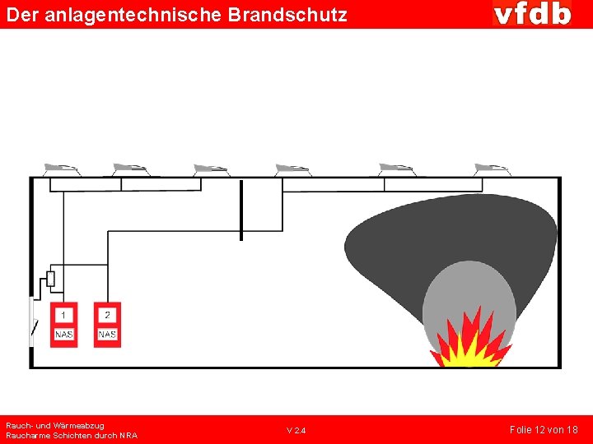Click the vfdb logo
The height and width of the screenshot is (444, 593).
click(x=532, y=14)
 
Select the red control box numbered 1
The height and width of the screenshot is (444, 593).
click(x=63, y=324)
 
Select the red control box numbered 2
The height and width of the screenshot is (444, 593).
click(x=107, y=324)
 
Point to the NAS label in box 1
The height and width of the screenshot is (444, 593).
click(x=63, y=335)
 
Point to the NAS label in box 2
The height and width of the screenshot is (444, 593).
click(x=107, y=335)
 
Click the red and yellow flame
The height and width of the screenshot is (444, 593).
click(x=470, y=341)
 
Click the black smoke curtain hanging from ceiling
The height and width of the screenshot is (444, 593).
click(x=241, y=210)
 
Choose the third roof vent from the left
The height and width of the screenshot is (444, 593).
click(x=211, y=169)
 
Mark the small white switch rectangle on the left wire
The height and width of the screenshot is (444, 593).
click(x=50, y=279)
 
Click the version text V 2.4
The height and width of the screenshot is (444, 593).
click(x=296, y=431)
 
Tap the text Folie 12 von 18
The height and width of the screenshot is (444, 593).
click(x=544, y=430)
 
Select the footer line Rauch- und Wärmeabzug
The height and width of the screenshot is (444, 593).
click(x=55, y=425)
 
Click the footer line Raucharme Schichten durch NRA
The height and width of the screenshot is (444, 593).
click(x=72, y=435)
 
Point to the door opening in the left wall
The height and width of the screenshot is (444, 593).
click(x=33, y=321)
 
